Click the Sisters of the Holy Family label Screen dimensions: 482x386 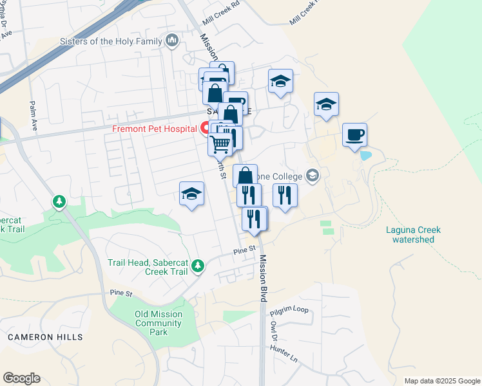(x=110, y=42)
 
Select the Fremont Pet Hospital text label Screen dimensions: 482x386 (x=154, y=129)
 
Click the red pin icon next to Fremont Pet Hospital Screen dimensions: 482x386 (x=206, y=128)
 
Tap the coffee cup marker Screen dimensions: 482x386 (x=354, y=135)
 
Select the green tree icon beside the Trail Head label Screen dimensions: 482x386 (x=198, y=264)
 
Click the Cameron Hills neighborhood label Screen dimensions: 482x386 (x=45, y=337)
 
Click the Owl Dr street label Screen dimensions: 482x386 (x=275, y=331)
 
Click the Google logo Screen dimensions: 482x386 (x=21, y=378)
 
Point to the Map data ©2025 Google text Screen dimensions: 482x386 (x=441, y=381)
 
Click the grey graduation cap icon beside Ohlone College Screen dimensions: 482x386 (x=313, y=175)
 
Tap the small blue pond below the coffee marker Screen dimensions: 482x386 (x=365, y=156)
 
